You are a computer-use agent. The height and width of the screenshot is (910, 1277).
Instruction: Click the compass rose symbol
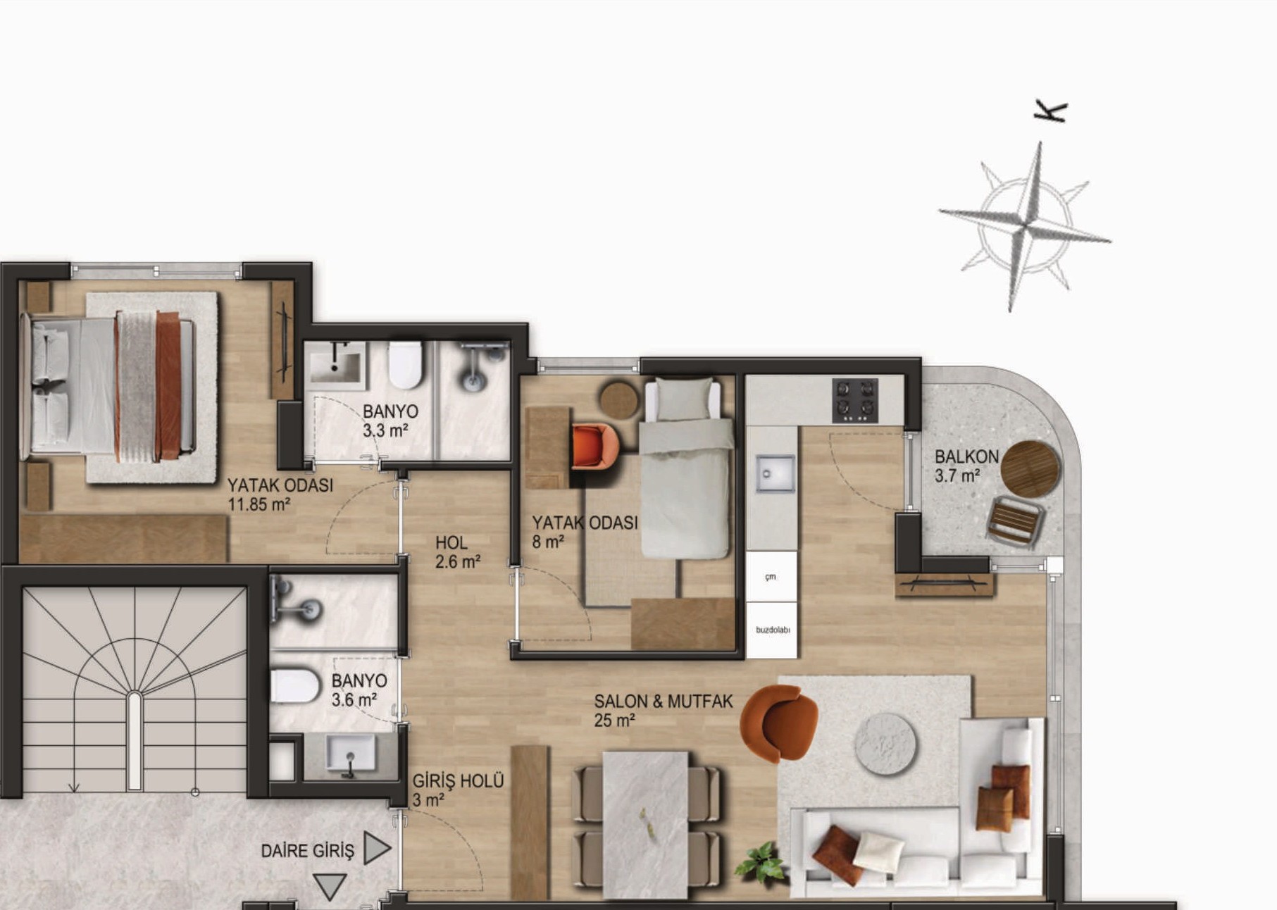[x=1025, y=225]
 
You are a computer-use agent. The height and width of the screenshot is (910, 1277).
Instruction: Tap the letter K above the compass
[x=1051, y=111]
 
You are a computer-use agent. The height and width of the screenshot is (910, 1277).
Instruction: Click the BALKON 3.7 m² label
[x=966, y=466]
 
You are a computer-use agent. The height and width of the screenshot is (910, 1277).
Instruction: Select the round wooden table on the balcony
[x=1030, y=469]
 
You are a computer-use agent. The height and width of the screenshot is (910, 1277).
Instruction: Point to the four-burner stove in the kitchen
[x=855, y=401]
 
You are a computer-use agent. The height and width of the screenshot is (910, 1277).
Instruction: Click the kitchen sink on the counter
[x=775, y=473]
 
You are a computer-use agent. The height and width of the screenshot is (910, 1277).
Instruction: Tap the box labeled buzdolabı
[x=772, y=630]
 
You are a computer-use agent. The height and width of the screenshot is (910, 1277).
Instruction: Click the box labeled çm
[x=772, y=577]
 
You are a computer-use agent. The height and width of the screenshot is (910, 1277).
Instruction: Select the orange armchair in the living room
[x=780, y=723]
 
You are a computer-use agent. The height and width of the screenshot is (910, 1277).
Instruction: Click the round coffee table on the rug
[x=885, y=744]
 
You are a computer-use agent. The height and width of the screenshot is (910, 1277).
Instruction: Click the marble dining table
[x=645, y=825]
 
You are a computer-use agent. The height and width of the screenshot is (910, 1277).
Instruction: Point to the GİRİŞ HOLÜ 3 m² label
[x=458, y=790]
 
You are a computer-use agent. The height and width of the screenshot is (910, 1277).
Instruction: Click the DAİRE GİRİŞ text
[x=307, y=851]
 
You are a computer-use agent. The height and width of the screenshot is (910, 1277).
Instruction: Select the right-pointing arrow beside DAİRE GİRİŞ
[x=377, y=848]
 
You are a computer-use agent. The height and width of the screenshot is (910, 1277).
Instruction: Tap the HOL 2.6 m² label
[x=457, y=552]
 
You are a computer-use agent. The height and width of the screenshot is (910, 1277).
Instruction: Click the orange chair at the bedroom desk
[x=594, y=446]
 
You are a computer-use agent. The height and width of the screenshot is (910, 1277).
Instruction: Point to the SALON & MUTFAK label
[x=663, y=702]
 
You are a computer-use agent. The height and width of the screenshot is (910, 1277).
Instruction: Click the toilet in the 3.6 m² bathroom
[x=295, y=686]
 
